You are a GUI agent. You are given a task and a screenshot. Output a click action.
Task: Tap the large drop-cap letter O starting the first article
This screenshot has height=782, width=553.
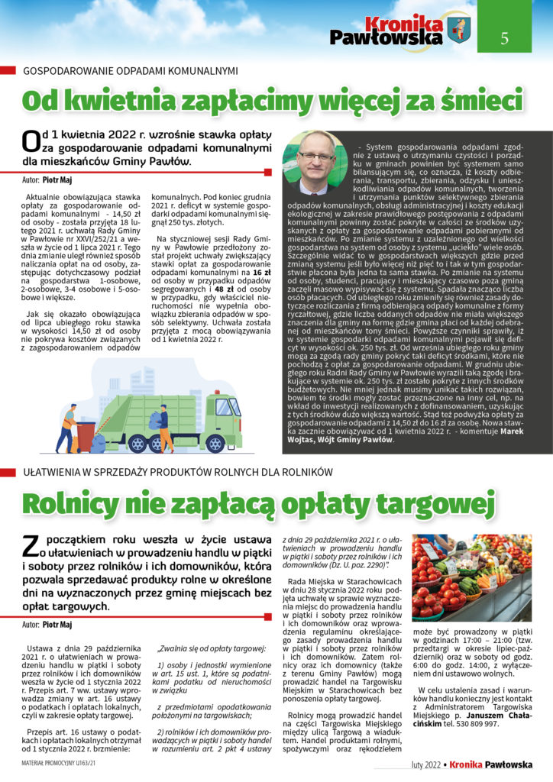point(31,141)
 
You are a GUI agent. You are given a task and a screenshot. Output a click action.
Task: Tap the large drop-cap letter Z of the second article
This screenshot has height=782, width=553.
point(31,545)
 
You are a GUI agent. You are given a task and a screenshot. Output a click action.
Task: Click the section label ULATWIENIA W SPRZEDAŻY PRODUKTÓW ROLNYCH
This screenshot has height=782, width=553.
point(176,473)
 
